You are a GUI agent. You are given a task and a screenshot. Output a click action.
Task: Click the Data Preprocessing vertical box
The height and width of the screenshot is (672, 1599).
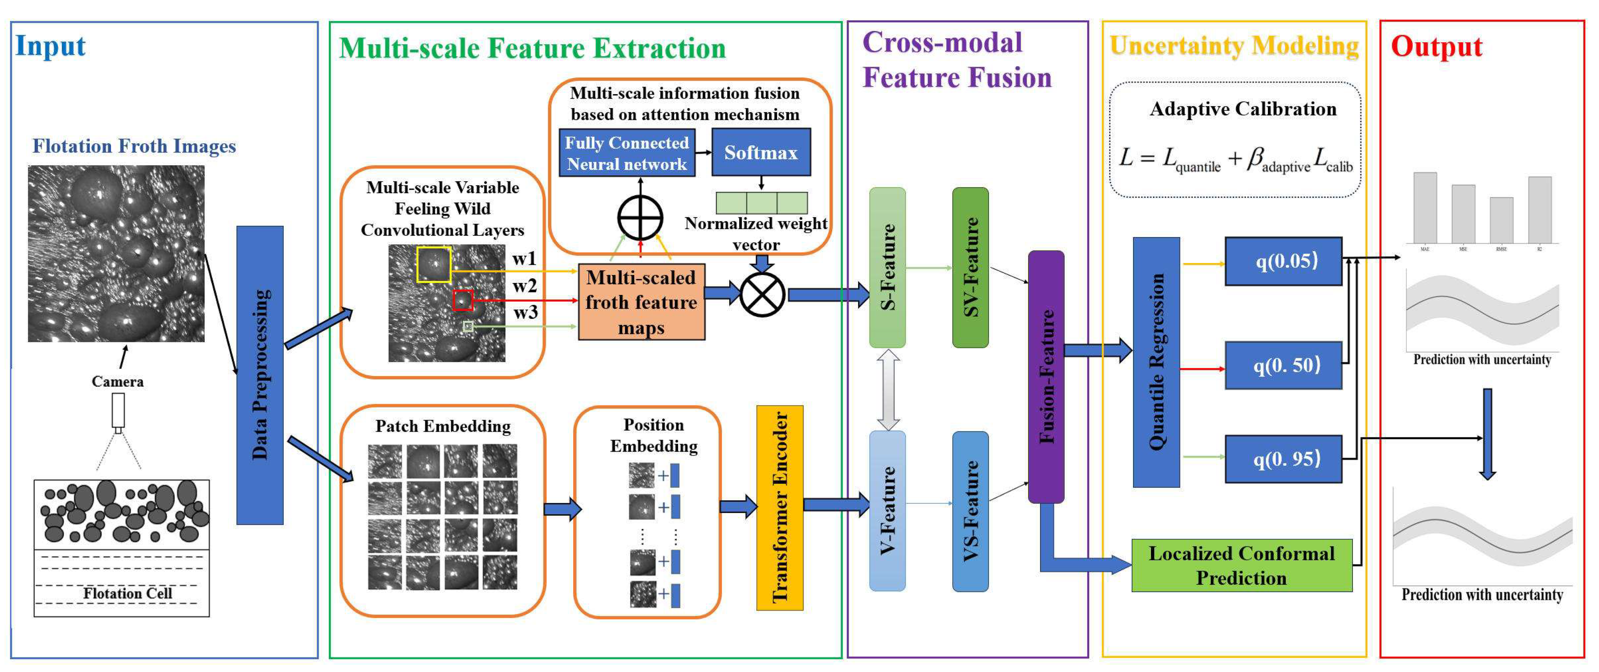coord(260,375)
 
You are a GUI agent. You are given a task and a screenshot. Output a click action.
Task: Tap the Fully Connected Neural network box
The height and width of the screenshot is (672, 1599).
coord(626,153)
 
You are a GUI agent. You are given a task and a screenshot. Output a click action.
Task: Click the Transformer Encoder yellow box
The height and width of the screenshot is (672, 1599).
coord(780,508)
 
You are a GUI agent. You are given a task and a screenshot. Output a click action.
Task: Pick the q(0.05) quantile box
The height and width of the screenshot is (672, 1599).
coord(1283,261)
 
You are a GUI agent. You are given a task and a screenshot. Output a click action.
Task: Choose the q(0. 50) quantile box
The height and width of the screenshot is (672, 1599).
coord(1283,365)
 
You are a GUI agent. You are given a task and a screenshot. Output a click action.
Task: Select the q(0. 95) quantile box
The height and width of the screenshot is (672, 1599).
coord(1283,459)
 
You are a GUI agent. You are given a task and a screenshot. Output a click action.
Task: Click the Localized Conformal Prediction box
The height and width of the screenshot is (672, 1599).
coord(1242,565)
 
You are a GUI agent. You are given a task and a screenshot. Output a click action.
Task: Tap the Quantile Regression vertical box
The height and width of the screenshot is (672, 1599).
coord(1156,362)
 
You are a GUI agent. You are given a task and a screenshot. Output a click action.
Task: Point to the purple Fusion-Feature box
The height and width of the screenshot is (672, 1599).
coord(1046,376)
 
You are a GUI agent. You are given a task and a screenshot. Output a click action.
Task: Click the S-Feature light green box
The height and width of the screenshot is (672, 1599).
coord(888,267)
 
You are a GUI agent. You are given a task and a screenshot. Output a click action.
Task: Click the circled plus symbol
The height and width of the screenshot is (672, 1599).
coord(640,218)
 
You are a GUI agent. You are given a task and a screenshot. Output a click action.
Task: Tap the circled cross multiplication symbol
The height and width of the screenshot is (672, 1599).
coord(762,294)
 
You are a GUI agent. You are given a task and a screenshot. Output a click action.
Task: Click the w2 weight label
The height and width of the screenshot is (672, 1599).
coord(525,286)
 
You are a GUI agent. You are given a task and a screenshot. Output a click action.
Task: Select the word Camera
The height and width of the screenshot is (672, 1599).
coord(117,381)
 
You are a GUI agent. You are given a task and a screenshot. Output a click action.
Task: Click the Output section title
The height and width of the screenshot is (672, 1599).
coord(1436,47)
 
